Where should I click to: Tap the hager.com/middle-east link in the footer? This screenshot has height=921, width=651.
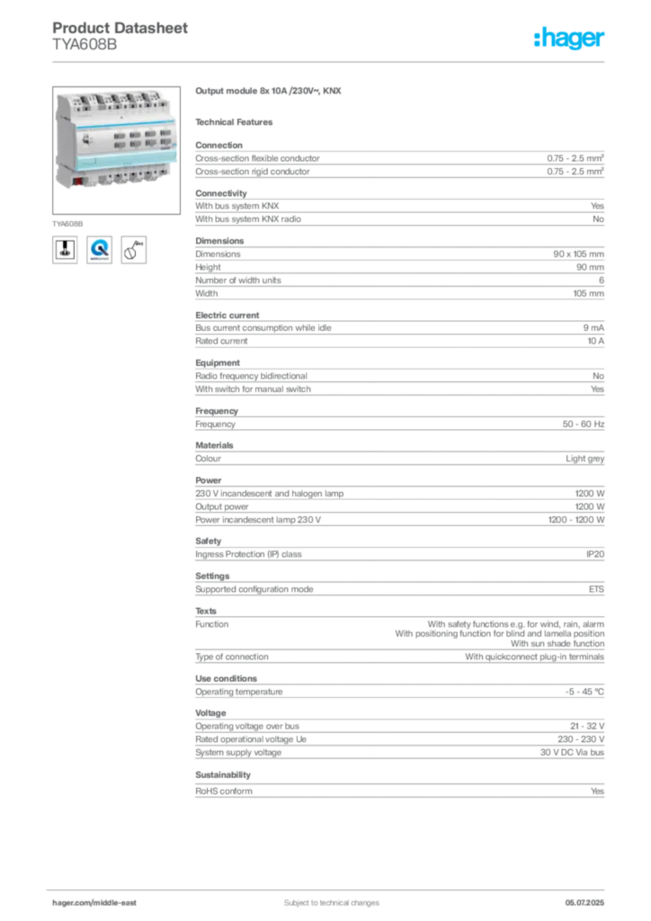coord(100,902)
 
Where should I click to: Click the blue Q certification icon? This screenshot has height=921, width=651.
coord(99,249)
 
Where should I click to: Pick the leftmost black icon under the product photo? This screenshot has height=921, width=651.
coord(65,249)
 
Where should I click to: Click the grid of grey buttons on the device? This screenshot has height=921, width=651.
coord(134,140)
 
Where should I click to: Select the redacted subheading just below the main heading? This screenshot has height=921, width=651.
coord(237,121)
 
